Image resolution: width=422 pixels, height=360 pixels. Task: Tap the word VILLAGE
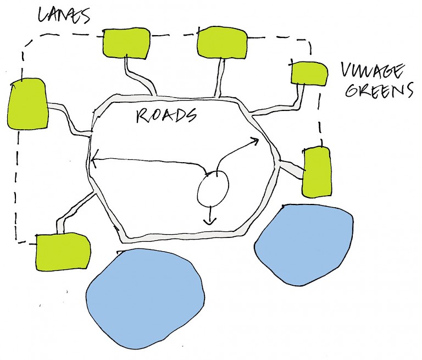tap(373, 71)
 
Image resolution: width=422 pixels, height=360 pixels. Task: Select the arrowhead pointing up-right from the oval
tap(256, 141)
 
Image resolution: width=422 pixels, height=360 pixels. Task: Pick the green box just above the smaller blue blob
tap(317, 171)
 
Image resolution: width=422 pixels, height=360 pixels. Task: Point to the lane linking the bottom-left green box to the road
tap(77, 207)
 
